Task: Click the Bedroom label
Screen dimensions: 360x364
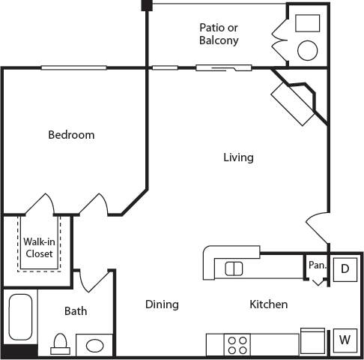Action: [x=71, y=135]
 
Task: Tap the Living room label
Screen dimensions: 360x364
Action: [x=238, y=157]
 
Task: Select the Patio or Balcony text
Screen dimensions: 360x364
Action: [x=219, y=34]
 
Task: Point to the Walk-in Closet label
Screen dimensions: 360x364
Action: [x=37, y=247]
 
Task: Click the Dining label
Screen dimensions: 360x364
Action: [x=162, y=304]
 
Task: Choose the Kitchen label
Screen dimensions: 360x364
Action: [x=268, y=304]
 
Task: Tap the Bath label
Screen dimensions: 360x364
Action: [x=76, y=310]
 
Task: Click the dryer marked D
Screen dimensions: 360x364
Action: [x=345, y=268]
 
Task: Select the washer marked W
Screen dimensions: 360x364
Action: [x=345, y=340]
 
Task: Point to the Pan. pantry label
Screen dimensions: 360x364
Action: [x=317, y=265]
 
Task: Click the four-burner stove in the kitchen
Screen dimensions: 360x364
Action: [x=238, y=345]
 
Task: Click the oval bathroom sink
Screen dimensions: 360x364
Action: [x=94, y=346]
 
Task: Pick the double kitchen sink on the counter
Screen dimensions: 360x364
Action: [x=234, y=268]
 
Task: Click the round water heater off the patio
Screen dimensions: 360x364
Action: [x=308, y=50]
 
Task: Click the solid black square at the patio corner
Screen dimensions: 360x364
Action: [x=147, y=5]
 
